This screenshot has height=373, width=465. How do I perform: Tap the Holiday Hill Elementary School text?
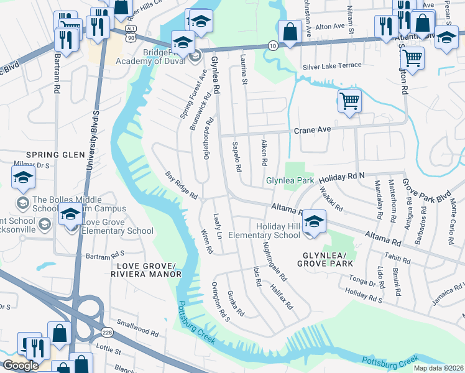coord(264,230)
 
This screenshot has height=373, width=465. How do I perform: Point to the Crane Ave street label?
coord(312,130)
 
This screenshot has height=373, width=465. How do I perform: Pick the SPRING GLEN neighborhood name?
coord(55,154)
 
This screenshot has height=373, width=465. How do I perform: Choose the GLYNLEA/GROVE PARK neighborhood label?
coord(328,260)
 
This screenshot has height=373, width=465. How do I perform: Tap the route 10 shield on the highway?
coord(273,45)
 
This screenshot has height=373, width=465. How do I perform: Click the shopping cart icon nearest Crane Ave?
coord(349,100)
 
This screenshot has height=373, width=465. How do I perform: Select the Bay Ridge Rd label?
coord(181,185)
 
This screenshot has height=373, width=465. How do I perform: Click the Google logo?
coord(21,366)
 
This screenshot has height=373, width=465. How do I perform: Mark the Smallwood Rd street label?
coord(138,329)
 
